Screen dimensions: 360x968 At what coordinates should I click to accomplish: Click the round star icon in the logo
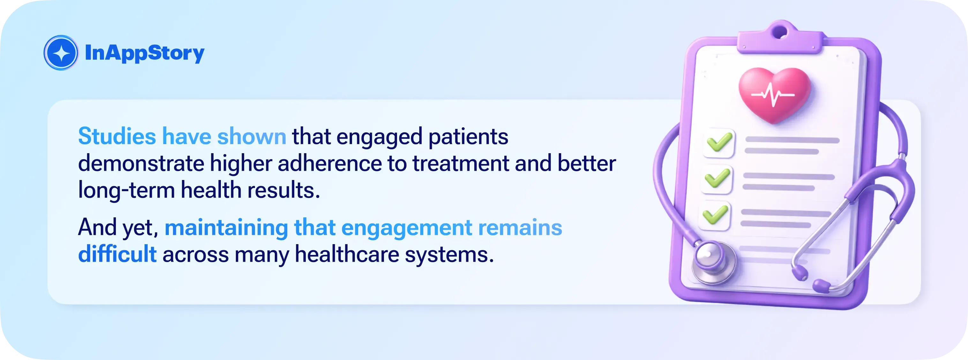(61, 53)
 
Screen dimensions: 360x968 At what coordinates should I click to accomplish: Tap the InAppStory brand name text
(145, 53)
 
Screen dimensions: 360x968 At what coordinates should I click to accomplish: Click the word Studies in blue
(117, 136)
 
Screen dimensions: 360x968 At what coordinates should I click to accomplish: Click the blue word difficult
(117, 254)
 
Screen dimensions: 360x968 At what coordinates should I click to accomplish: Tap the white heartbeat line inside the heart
(773, 95)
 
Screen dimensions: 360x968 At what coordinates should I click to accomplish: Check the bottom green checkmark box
(714, 215)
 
